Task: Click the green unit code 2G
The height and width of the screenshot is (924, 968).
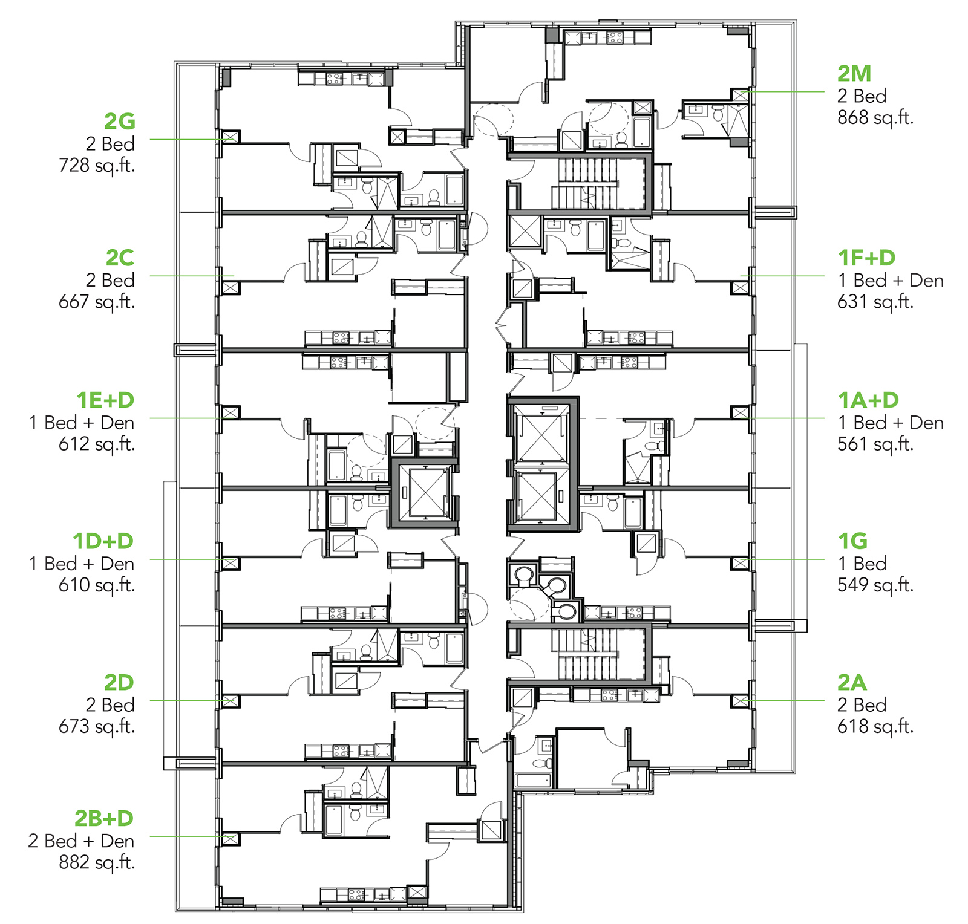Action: click(119, 122)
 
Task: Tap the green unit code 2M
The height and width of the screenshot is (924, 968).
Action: click(854, 74)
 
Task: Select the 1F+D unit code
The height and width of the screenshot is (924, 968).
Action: click(866, 258)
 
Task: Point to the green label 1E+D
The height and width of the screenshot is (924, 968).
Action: click(105, 400)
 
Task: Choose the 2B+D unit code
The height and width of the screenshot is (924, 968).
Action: click(104, 818)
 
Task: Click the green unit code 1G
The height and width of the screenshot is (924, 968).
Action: click(853, 541)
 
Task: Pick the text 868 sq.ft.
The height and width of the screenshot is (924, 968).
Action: click(875, 118)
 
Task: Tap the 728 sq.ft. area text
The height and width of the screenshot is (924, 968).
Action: click(97, 166)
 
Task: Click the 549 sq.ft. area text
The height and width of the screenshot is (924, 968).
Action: click(875, 585)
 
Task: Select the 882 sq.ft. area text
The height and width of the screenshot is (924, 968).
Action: click(97, 863)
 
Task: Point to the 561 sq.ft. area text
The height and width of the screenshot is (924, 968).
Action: click(875, 444)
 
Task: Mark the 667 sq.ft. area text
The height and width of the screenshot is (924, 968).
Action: click(97, 302)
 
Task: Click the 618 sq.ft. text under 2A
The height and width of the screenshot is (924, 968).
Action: click(875, 726)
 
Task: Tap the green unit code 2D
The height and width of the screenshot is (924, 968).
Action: click(119, 683)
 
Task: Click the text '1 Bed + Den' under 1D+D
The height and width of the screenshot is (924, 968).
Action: click(82, 564)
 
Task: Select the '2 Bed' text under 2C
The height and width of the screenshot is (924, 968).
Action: click(110, 280)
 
